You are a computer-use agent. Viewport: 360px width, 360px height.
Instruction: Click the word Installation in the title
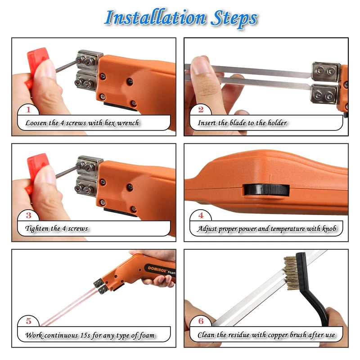[155, 18]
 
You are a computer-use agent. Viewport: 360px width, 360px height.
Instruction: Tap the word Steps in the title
[234, 19]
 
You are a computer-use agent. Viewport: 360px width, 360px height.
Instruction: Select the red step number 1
[28, 109]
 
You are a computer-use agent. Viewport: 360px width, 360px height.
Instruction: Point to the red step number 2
[201, 109]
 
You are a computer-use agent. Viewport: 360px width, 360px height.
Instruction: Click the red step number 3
[28, 216]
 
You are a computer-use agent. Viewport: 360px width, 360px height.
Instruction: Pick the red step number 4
[201, 216]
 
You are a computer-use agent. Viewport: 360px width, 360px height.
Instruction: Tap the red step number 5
[28, 321]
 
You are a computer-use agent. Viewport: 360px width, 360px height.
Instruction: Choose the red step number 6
[201, 321]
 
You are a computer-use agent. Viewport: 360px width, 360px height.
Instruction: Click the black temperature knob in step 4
[266, 190]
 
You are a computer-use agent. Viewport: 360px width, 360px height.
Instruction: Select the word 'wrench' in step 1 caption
[128, 123]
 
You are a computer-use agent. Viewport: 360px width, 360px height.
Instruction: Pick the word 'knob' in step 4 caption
[329, 229]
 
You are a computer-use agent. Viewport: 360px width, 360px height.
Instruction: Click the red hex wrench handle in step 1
[36, 62]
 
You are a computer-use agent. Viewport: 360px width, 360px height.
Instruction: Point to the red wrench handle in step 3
[36, 167]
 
